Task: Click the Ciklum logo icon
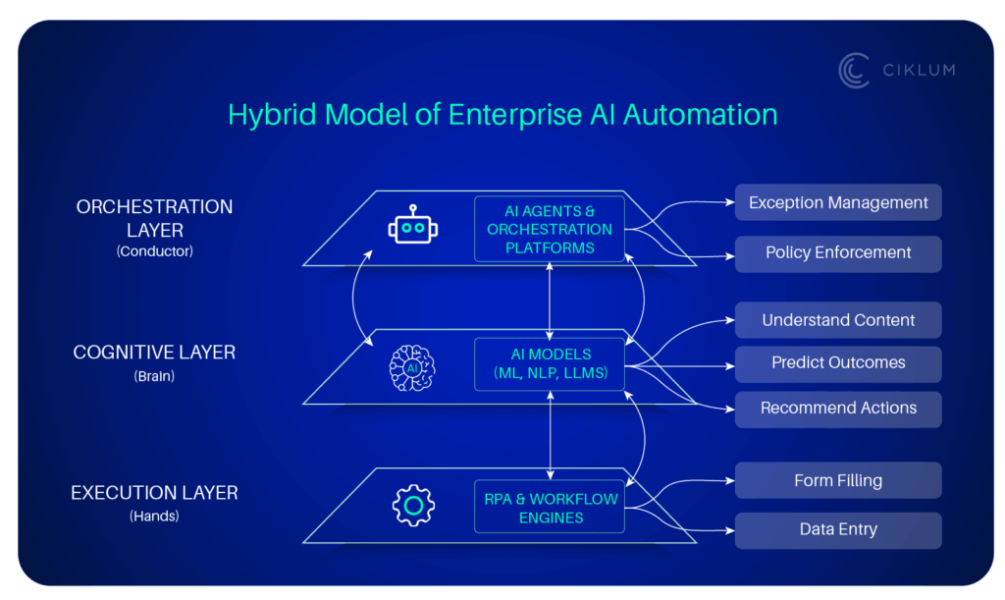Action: [854, 71]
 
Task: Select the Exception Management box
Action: [838, 202]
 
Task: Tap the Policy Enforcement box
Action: [838, 253]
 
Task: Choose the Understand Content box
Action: [838, 320]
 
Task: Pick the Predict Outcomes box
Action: [838, 363]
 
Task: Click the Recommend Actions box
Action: [838, 409]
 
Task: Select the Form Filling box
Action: [838, 481]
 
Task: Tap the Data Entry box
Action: [838, 530]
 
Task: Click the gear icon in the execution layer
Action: [413, 506]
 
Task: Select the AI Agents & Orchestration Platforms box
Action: [550, 229]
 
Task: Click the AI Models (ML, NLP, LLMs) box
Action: [550, 363]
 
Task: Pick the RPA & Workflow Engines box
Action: [550, 507]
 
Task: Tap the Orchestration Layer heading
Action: [155, 218]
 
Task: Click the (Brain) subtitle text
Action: [154, 375]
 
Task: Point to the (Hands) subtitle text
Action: [154, 516]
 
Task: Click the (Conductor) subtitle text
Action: [154, 251]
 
